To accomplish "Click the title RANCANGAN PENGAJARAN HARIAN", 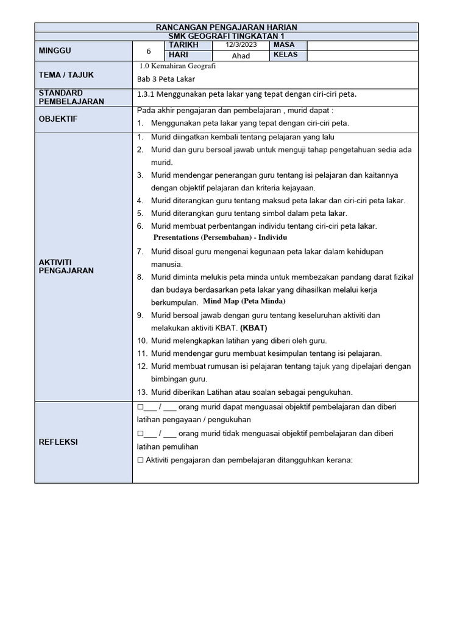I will point(227,27).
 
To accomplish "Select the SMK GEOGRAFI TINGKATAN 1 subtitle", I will point(227,36).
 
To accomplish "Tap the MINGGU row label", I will point(55,51).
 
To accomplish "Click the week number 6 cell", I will point(148,52).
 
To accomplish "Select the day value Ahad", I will point(241,56).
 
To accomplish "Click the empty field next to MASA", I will point(363,46).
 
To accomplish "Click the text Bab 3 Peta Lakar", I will point(166,79).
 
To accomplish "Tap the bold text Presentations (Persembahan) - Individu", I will point(220,237).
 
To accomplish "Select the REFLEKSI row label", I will point(60,442).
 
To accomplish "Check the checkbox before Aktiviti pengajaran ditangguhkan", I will point(140,460).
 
